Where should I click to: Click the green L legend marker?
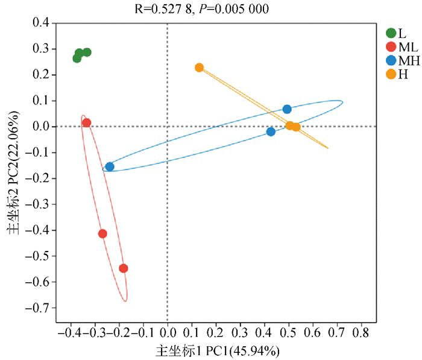click(x=391, y=33)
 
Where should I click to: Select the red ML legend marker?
click(x=391, y=46)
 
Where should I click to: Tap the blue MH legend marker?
click(x=391, y=60)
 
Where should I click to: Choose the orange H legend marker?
click(x=391, y=74)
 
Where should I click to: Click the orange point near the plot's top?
click(x=199, y=68)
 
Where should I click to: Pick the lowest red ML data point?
click(x=124, y=268)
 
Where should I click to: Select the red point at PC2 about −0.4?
click(x=102, y=233)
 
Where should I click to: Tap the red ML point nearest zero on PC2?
click(x=86, y=122)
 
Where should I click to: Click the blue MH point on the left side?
click(x=109, y=166)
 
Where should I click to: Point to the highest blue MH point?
click(x=287, y=109)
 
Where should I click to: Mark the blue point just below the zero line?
click(x=271, y=131)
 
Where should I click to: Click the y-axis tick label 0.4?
click(x=40, y=23)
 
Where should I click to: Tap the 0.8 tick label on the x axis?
click(x=361, y=333)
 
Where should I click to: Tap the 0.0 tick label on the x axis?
click(x=168, y=333)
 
